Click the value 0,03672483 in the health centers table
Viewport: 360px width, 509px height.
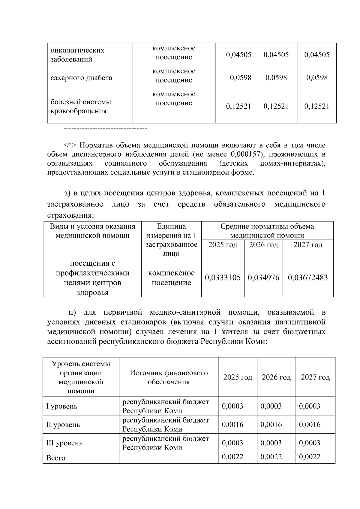coord(307,277)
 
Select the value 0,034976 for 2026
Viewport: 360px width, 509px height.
coord(263,277)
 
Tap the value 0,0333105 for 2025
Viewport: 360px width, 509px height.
coord(223,277)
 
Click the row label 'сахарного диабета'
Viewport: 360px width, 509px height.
coord(81,78)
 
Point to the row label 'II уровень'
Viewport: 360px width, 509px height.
coord(63,425)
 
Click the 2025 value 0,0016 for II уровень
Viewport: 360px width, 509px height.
coord(232,424)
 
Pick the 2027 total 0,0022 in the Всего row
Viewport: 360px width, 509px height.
coord(310,457)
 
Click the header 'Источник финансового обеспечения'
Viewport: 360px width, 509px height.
coord(169,377)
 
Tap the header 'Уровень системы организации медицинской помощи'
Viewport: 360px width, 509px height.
coord(81,377)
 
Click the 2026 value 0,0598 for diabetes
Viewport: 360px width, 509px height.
coord(276,78)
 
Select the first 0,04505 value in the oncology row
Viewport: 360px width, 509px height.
coord(238,55)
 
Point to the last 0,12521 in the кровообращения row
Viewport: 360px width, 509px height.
coord(317,106)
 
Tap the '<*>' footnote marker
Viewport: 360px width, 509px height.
coord(70,145)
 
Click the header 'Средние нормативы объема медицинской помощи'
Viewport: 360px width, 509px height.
coord(267,231)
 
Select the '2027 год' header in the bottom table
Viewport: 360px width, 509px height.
coord(315,377)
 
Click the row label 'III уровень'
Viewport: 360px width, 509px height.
coord(64,443)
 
